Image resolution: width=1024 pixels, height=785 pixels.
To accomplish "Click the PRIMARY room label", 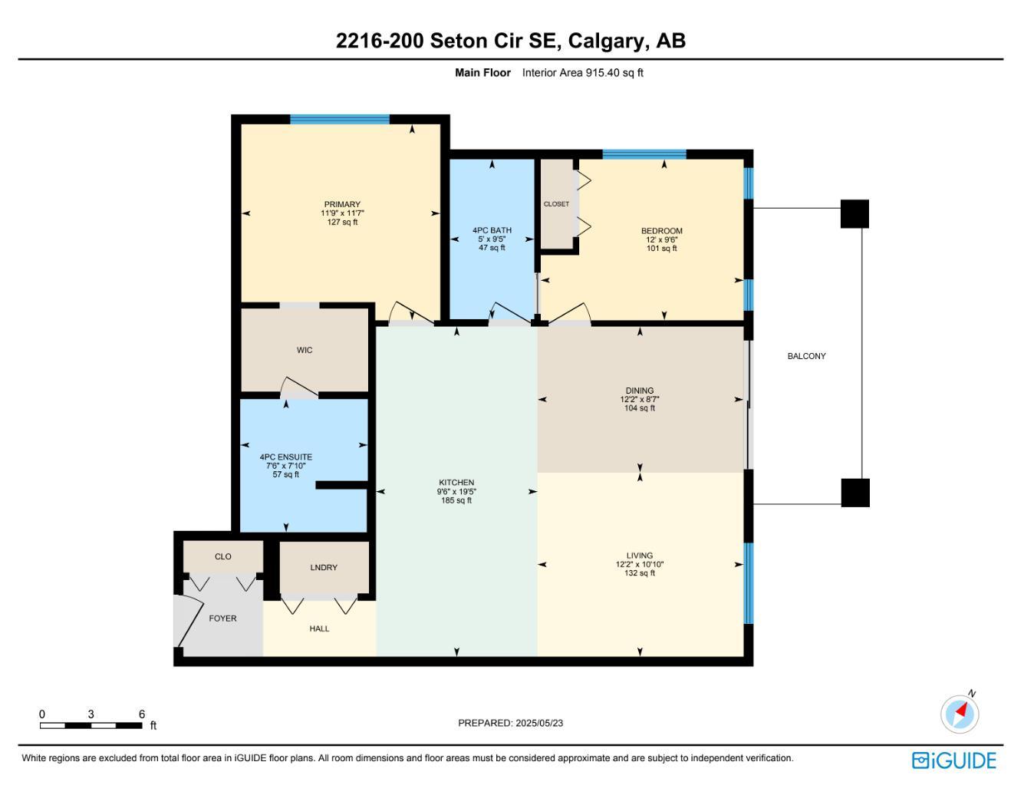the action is [342, 204].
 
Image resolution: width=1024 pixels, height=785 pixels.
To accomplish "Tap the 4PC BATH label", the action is [492, 230].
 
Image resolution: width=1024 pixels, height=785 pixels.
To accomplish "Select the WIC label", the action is [305, 350].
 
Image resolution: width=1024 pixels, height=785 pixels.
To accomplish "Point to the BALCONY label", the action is [806, 356].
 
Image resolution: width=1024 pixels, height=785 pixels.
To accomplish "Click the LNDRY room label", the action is [324, 567].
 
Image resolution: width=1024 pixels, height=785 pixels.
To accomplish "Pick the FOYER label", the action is [222, 618].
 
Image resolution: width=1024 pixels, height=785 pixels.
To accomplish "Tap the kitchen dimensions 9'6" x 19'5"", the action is [456, 491].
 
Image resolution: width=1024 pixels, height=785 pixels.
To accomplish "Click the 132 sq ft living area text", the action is [640, 573].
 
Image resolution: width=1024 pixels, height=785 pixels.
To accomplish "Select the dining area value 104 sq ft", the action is [640, 408].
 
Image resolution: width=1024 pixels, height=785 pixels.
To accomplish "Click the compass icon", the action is [960, 714].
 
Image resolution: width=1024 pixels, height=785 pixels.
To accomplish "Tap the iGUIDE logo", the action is [954, 761].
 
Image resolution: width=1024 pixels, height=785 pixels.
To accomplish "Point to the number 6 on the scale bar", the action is [141, 714].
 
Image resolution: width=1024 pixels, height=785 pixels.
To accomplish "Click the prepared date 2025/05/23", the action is [539, 723].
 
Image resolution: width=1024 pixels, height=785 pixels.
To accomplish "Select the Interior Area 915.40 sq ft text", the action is [582, 73].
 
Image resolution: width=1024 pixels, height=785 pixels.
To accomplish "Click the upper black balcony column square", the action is [854, 214].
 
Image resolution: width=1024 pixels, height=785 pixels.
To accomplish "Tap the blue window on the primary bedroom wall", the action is [340, 119].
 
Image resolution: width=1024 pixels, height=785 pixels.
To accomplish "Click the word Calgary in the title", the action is [606, 41].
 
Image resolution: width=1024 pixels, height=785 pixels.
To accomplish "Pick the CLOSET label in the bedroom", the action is [556, 204].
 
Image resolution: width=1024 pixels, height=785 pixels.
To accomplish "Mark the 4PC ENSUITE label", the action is [285, 457].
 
